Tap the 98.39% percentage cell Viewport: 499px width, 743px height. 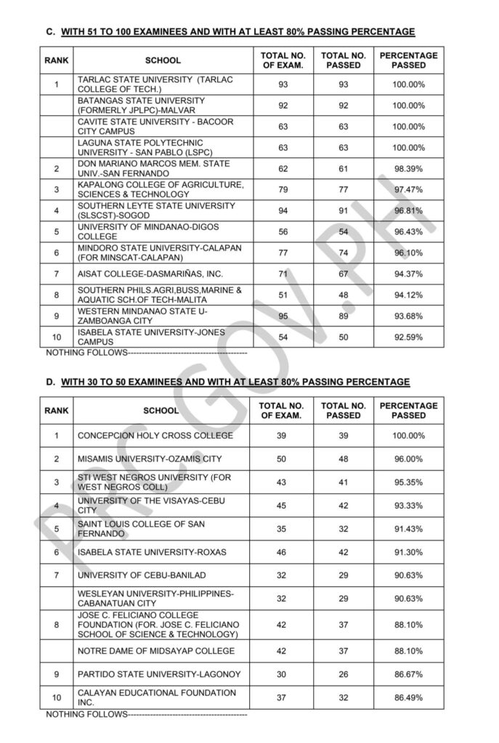coord(408,168)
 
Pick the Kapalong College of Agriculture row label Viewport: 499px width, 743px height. coord(161,189)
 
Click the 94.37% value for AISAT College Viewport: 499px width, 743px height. coord(408,274)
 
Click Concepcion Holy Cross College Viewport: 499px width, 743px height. coord(155,435)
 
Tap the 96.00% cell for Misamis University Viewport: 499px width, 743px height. coord(408,459)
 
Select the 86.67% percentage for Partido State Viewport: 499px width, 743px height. coord(408,674)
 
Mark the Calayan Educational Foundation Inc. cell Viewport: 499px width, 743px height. coord(156,698)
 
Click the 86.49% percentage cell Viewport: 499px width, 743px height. coord(408,698)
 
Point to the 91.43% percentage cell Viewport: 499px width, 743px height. coord(408,529)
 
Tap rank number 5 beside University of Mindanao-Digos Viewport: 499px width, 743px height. coord(56,231)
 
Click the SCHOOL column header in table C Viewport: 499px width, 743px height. coord(163,60)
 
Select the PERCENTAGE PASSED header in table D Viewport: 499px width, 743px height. coord(408,411)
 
